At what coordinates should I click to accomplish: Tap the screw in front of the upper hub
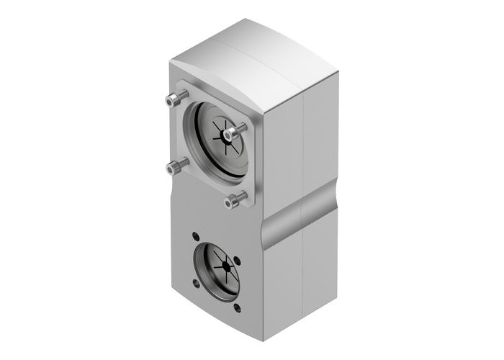click(230, 133)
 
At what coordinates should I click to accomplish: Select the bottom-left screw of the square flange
click(173, 168)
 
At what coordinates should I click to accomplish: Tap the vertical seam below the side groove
click(307, 288)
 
